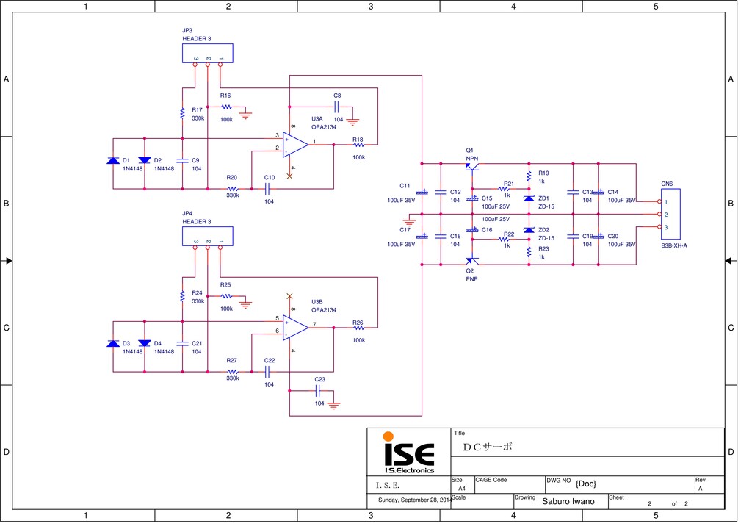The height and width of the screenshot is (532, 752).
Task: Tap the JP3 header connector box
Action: tap(207, 53)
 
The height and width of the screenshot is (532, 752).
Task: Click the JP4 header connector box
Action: tap(207, 236)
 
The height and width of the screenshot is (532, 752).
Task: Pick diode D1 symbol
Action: tap(112, 160)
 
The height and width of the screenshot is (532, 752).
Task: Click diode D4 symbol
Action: tap(144, 343)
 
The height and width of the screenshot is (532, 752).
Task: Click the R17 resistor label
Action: tap(197, 109)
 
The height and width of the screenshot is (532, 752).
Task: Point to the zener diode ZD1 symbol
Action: tap(529, 198)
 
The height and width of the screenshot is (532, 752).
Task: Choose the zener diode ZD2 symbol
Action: tap(529, 230)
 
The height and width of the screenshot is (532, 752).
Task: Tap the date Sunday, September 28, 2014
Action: tap(414, 500)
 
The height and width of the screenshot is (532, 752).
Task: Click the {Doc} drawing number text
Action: tap(586, 483)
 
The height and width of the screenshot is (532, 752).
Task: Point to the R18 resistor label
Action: tap(358, 139)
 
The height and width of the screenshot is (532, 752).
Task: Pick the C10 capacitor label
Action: tap(270, 177)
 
